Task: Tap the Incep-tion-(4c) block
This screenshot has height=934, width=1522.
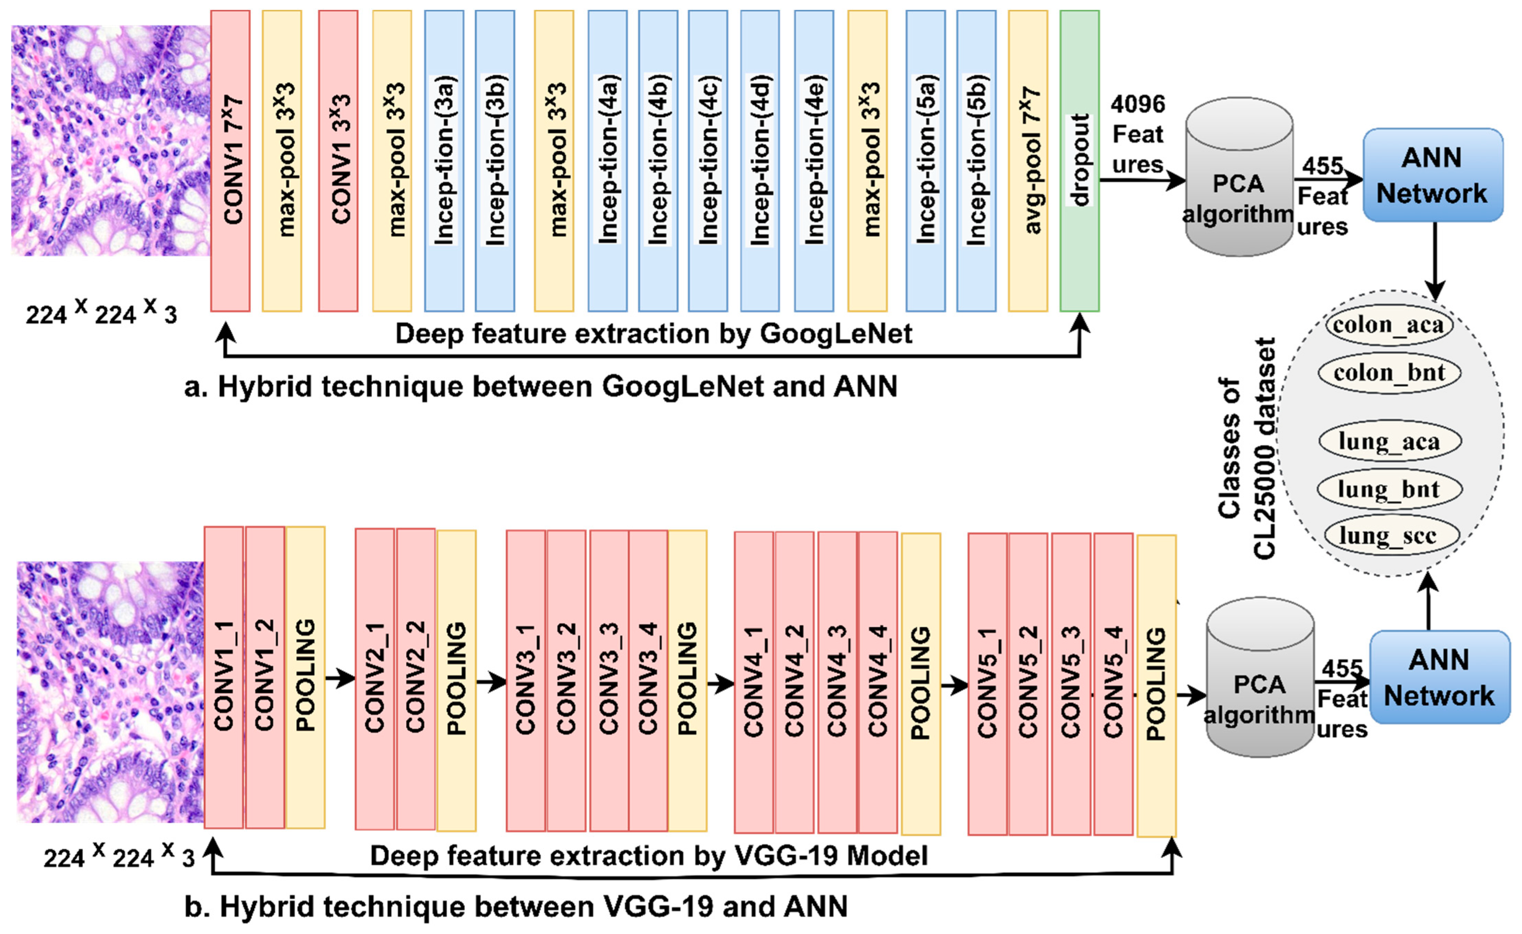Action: [x=708, y=161]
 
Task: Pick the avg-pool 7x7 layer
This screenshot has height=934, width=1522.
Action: [x=1028, y=161]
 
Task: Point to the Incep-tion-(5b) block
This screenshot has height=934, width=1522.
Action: [x=976, y=161]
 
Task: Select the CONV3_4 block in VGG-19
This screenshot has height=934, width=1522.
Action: [x=648, y=679]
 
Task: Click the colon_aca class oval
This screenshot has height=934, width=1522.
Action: [x=1389, y=325]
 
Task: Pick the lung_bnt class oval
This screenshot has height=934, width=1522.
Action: [x=1389, y=489]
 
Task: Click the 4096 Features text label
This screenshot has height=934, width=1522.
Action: [x=1137, y=134]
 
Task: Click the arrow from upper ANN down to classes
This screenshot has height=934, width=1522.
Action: [x=1434, y=259]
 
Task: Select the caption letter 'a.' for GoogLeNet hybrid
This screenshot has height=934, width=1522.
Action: [x=196, y=387]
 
